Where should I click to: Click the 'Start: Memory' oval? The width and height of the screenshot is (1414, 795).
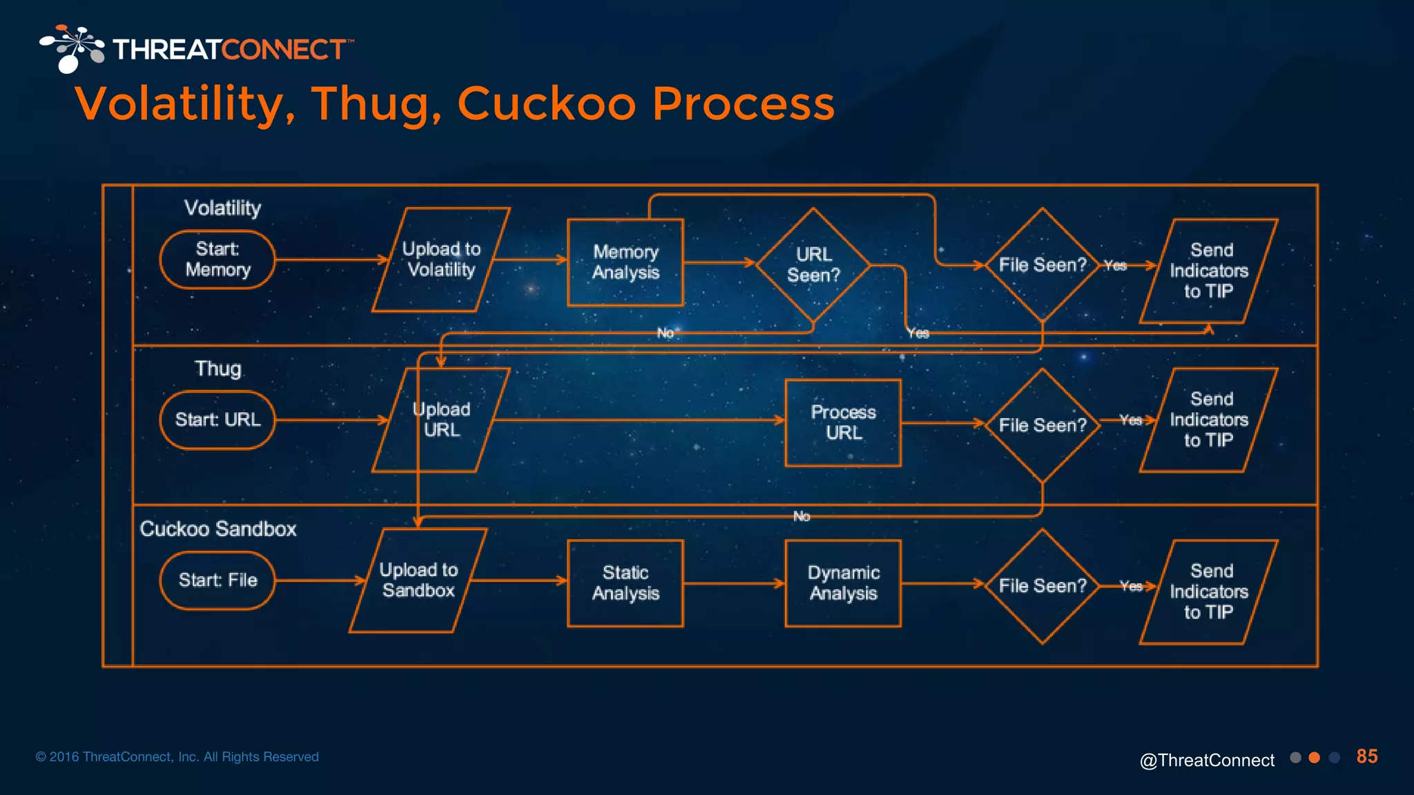[217, 259]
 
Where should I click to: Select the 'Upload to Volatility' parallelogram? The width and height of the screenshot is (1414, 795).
[441, 259]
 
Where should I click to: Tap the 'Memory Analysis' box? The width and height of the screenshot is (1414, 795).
[626, 262]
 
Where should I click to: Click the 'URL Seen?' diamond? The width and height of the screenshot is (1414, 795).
[813, 265]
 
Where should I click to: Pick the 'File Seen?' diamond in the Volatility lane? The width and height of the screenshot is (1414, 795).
[1042, 265]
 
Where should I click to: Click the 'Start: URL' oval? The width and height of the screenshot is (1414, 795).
[217, 420]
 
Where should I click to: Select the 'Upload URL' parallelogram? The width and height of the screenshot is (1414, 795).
[441, 420]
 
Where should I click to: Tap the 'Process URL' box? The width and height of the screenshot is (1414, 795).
[843, 422]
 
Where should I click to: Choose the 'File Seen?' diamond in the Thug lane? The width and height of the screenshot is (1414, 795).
[1042, 425]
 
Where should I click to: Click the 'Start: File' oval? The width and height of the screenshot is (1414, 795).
[217, 580]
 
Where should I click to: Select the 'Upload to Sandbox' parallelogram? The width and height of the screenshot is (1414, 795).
[418, 580]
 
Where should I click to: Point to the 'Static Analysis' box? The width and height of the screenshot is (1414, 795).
[626, 583]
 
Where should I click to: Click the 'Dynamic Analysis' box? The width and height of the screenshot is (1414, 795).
[843, 583]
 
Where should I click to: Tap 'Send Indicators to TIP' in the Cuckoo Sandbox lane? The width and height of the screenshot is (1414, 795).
[1209, 591]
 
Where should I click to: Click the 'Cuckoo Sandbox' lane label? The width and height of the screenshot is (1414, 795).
[218, 529]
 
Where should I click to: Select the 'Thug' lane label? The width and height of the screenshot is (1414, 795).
[218, 369]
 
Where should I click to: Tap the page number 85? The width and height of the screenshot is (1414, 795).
[1366, 756]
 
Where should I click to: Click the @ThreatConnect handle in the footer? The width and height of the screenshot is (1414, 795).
[1207, 760]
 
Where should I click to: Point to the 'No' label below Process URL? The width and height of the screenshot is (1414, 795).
[802, 516]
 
